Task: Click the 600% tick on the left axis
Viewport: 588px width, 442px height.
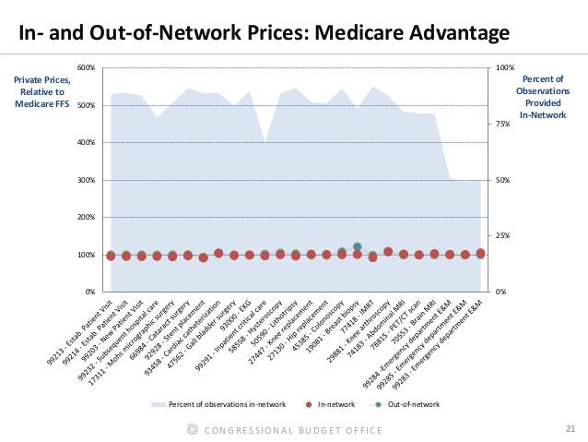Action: (85, 68)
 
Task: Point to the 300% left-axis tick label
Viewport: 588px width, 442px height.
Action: (85, 180)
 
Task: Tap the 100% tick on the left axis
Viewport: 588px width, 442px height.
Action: (85, 255)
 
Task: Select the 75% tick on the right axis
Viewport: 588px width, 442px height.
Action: (501, 124)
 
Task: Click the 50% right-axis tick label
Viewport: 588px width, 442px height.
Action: (501, 180)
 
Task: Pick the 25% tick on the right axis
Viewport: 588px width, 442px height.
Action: (501, 235)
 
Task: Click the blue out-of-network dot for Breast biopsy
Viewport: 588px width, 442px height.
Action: (358, 247)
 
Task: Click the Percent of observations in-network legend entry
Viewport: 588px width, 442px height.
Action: (225, 405)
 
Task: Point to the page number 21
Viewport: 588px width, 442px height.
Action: (569, 428)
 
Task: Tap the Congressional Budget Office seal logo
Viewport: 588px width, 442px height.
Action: (192, 429)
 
